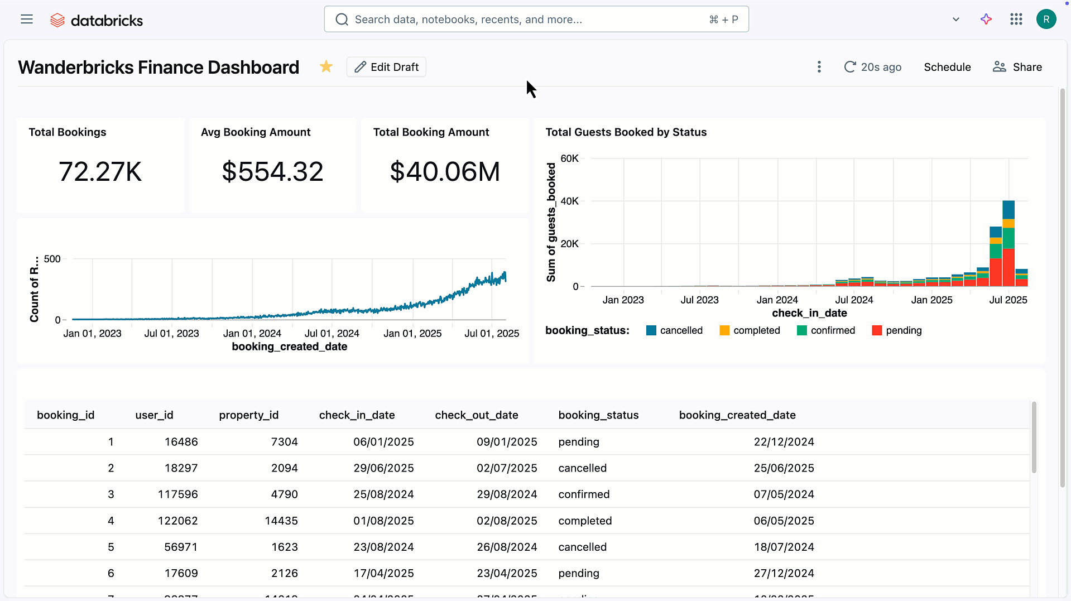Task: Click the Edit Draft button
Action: click(x=386, y=67)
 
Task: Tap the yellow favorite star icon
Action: click(x=326, y=67)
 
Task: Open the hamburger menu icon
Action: click(x=27, y=20)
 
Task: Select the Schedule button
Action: click(x=947, y=67)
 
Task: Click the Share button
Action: click(x=1017, y=67)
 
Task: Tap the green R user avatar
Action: click(x=1046, y=20)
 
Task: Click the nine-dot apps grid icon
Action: click(x=1016, y=20)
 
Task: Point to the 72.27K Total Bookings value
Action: click(x=100, y=171)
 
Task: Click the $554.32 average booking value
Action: click(x=272, y=171)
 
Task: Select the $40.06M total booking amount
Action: click(x=445, y=171)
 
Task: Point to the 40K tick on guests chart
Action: click(x=569, y=201)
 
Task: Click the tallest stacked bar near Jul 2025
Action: click(x=1008, y=246)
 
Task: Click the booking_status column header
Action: click(x=598, y=415)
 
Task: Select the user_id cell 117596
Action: click(x=177, y=494)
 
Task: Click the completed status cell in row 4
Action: click(x=585, y=521)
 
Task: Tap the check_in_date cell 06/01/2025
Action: click(x=383, y=442)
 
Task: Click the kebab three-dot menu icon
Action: click(x=819, y=67)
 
